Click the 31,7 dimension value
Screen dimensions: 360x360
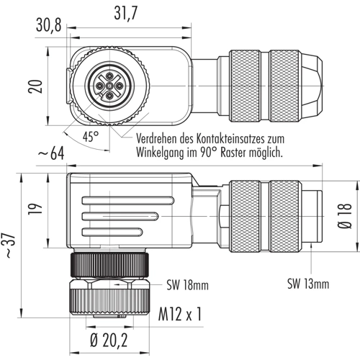126,13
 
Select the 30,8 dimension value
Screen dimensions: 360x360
49,25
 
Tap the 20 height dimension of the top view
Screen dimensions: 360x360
35,86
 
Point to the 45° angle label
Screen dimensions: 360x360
91,137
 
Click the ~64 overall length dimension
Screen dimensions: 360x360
51,153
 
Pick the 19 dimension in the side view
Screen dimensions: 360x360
35,209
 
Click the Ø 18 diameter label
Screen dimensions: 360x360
345,216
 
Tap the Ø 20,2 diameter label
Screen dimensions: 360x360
109,340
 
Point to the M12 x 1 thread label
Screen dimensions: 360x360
180,314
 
